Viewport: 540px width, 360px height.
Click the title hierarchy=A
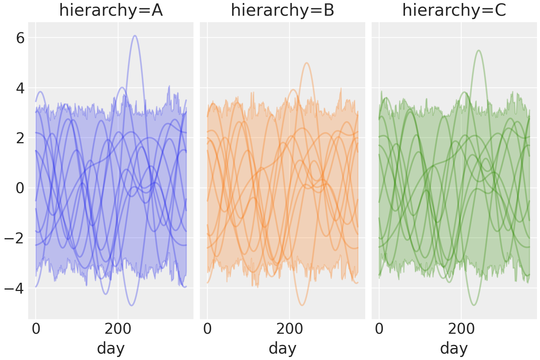click(111, 10)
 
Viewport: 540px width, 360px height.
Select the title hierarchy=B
click(282, 10)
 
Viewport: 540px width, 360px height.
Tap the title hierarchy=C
click(454, 10)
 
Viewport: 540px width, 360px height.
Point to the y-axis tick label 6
click(20, 38)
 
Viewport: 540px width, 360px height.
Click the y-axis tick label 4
click(20, 88)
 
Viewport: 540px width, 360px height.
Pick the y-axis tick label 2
click(20, 138)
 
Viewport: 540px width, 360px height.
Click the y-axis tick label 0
click(20, 188)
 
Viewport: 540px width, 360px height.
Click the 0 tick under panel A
click(36, 329)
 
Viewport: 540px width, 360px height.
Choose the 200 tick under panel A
click(118, 329)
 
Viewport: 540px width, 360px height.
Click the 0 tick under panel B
click(207, 329)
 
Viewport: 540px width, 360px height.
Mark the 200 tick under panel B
click(289, 329)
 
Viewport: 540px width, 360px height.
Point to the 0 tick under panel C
click(379, 329)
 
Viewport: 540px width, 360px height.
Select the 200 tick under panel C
click(461, 329)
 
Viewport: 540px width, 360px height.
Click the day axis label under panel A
click(111, 348)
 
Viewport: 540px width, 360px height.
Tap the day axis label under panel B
click(282, 348)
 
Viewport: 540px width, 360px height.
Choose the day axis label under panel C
click(454, 348)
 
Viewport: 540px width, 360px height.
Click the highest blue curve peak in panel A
click(135, 36)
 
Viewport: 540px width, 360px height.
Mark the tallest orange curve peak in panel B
click(307, 63)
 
